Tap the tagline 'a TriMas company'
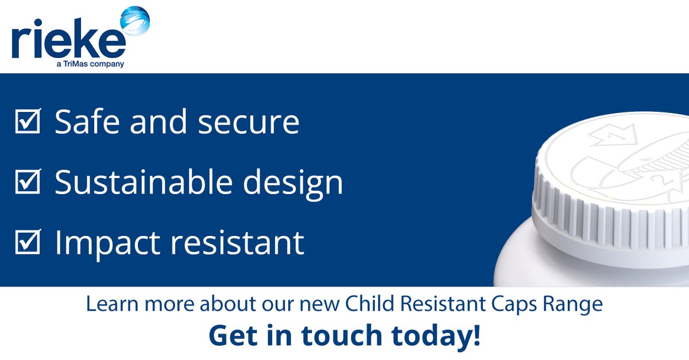(91, 64)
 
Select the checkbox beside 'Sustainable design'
(27, 183)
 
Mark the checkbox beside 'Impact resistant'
(27, 243)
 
